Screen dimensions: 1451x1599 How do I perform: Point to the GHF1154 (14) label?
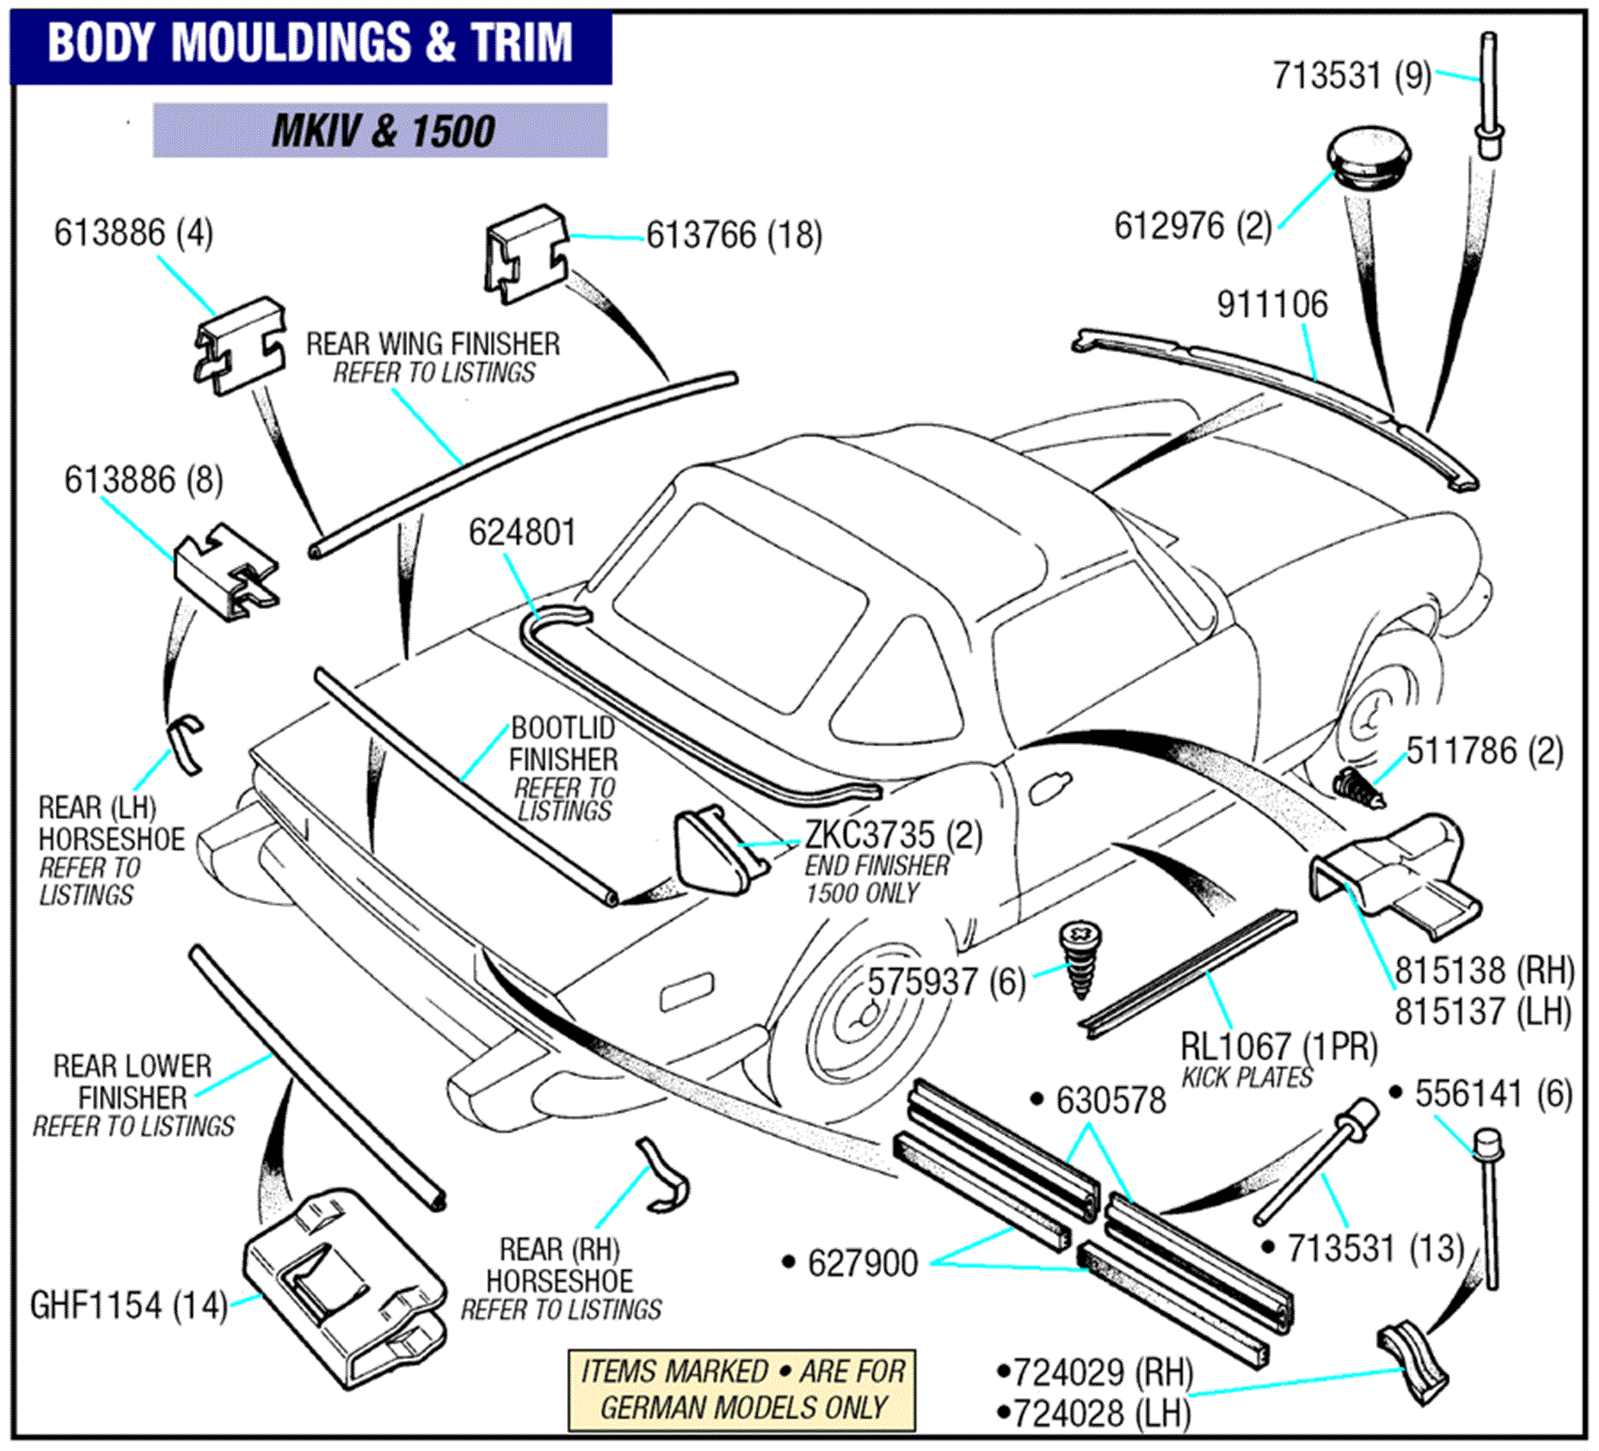pyautogui.click(x=129, y=1306)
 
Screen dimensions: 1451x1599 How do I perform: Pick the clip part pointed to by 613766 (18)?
pyautogui.click(x=526, y=254)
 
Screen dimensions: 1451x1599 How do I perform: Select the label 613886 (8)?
pyautogui.click(x=144, y=480)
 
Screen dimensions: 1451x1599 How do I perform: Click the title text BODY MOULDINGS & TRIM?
pyautogui.click(x=310, y=43)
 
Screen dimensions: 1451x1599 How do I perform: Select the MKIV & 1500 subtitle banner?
pyautogui.click(x=381, y=130)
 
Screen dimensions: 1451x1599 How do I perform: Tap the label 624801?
pyautogui.click(x=522, y=532)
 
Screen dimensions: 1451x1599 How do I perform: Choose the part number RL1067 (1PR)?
pyautogui.click(x=1278, y=1046)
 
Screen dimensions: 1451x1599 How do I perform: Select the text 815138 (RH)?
pyautogui.click(x=1484, y=970)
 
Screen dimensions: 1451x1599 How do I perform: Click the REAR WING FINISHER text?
pyautogui.click(x=433, y=344)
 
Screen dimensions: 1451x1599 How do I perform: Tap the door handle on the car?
pyautogui.click(x=1050, y=788)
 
